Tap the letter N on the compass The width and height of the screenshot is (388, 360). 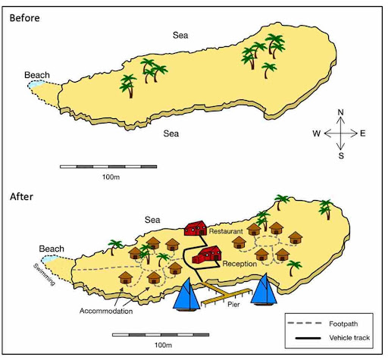pos(341,113)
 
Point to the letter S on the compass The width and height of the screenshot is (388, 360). pos(341,156)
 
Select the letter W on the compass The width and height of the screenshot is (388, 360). pos(316,134)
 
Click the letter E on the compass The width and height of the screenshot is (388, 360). pos(363,134)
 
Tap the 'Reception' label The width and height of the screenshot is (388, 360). pos(240,265)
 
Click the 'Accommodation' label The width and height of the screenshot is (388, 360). pos(107,311)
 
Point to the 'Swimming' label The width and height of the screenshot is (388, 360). pos(47,274)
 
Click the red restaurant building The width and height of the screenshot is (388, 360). pos(196,227)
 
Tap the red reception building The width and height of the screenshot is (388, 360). pos(205,258)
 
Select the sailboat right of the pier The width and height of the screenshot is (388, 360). pos(264,291)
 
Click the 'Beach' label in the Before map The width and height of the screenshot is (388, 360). pos(37,75)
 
